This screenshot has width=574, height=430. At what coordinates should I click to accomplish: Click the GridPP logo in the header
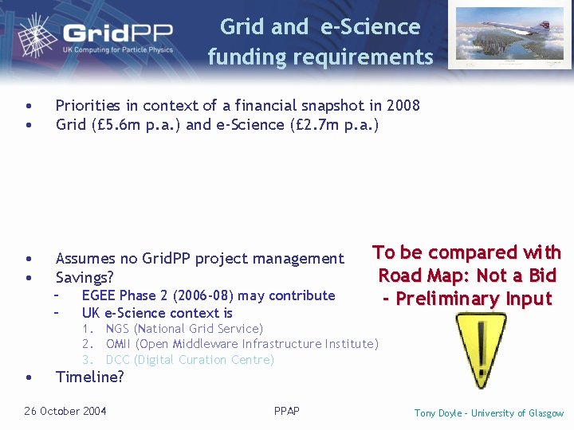click(104, 36)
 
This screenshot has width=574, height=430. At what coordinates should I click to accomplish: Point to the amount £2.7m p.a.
click(335, 125)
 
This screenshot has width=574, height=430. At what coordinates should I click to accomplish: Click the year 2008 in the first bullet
click(403, 105)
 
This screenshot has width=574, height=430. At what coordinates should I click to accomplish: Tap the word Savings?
click(85, 278)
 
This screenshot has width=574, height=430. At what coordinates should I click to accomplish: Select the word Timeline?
click(89, 377)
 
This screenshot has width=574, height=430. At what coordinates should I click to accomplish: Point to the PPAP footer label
click(286, 411)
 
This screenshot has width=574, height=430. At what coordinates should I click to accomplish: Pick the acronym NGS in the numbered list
click(117, 329)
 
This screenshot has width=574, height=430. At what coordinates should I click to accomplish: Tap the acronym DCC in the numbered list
click(118, 360)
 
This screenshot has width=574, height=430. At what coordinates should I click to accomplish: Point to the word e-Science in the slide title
click(370, 26)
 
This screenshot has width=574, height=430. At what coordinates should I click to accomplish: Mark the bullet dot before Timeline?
click(29, 377)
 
